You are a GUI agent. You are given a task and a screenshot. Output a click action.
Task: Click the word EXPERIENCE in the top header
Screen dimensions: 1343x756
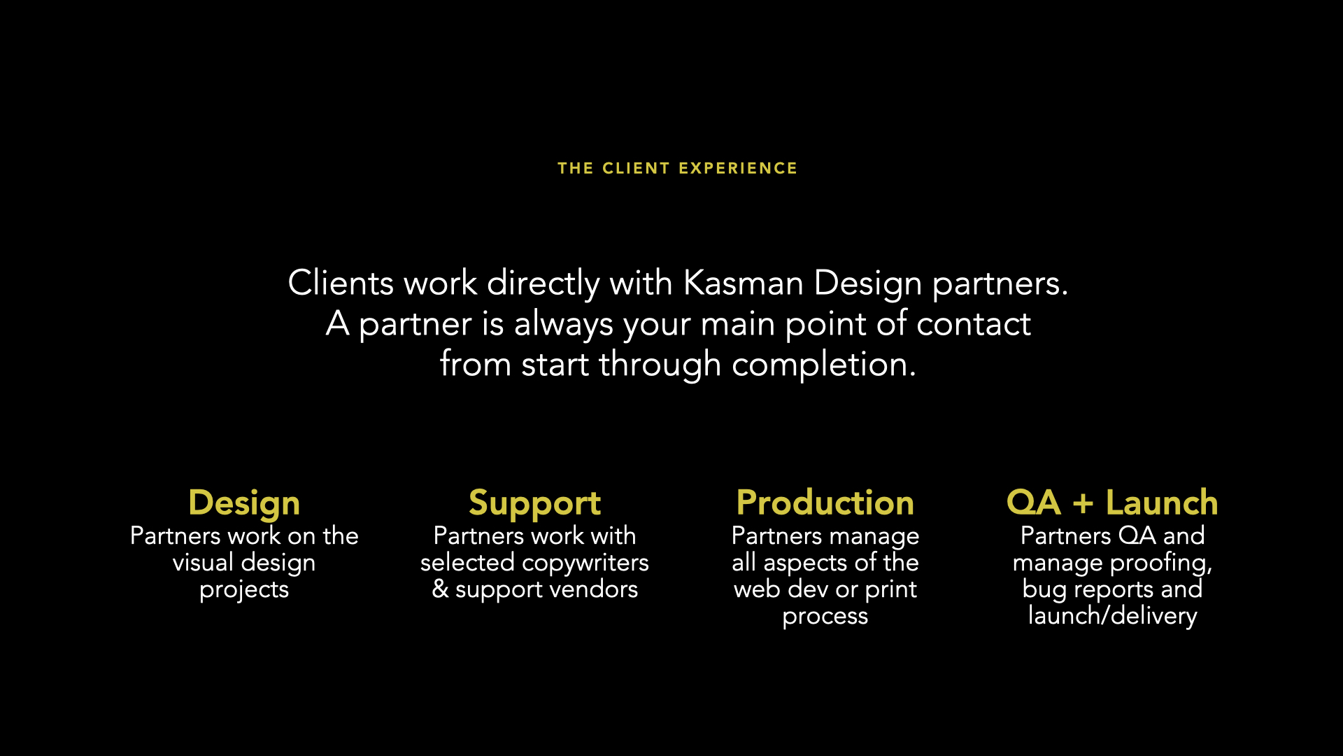[738, 169]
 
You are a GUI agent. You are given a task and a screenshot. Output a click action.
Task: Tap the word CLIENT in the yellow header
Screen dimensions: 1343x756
[636, 169]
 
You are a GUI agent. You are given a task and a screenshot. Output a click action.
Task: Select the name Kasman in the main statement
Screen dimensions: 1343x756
[743, 283]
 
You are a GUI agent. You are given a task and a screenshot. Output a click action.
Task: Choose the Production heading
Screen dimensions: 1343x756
[825, 503]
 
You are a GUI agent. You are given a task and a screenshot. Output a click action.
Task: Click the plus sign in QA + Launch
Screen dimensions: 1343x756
[1083, 503]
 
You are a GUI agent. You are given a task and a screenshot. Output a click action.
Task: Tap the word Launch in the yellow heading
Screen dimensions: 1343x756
[1162, 503]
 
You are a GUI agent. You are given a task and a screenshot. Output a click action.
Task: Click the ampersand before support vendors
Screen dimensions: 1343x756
[440, 589]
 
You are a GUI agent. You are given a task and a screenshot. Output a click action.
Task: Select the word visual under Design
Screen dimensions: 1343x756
[203, 562]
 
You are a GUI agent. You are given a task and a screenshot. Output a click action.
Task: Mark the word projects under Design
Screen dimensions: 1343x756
[244, 590]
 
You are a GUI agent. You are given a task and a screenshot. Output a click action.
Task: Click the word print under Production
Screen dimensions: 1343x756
[890, 589]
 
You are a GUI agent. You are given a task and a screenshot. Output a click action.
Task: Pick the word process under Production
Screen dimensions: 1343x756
[825, 617]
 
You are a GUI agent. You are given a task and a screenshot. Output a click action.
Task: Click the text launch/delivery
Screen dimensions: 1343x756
[1113, 616]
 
